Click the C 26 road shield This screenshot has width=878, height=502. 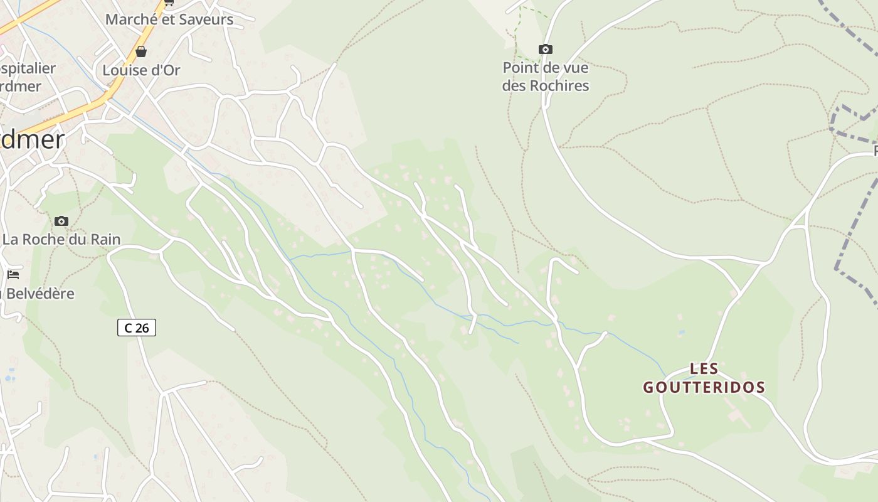pos(136,328)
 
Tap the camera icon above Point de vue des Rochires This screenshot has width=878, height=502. pos(546,49)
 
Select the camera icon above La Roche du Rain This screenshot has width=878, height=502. pos(61,221)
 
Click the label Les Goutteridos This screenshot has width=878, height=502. pos(704,378)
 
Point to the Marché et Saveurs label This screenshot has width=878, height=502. pos(169,19)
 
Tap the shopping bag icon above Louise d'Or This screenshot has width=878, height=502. pos(141,51)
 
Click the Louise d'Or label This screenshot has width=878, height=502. pos(141,70)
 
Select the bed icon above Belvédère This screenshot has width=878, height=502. pos(13,275)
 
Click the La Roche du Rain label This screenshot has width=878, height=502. pos(61,239)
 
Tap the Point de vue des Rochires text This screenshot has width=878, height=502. pos(546,77)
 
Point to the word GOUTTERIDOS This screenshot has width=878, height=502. pos(704,387)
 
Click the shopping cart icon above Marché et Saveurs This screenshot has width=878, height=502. pos(169,3)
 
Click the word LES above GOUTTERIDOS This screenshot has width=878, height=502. pos(704,368)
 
